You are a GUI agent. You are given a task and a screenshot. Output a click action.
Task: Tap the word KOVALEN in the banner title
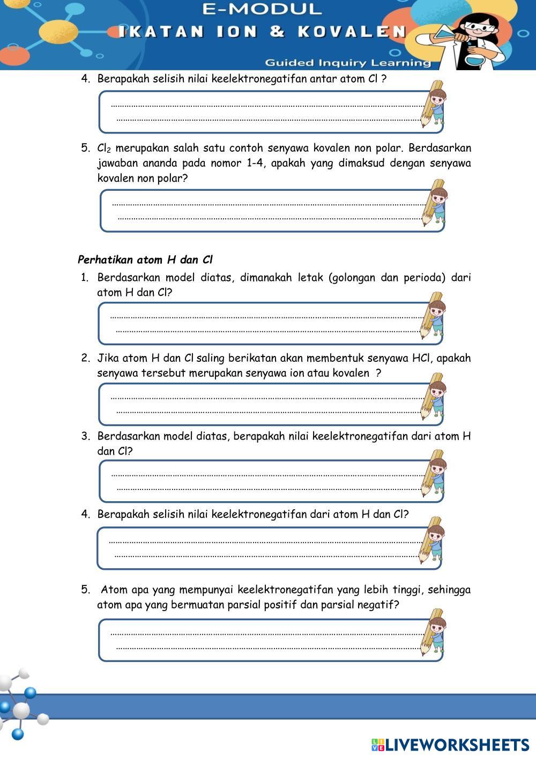pos(352,32)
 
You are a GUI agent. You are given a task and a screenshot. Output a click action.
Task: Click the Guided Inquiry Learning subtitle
pos(347,63)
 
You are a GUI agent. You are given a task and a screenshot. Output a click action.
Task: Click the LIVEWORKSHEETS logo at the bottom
pos(450,745)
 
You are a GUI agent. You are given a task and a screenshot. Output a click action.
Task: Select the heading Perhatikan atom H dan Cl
pos(145,260)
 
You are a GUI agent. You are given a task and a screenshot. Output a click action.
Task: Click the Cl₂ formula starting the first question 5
pos(104,148)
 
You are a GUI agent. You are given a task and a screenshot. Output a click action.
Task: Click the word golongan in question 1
pos(353,278)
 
